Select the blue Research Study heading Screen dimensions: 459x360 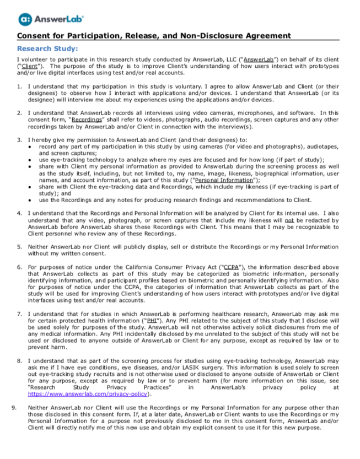click(x=47, y=48)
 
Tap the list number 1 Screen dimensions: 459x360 click(x=20, y=87)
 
